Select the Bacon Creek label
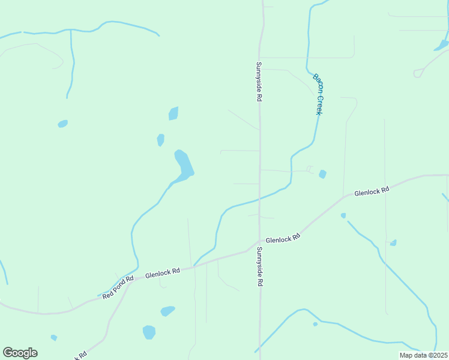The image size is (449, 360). (319, 94)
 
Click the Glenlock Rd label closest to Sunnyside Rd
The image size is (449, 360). (283, 238)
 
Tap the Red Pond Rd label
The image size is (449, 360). (118, 288)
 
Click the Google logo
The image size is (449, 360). (20, 353)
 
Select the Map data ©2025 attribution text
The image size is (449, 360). (424, 355)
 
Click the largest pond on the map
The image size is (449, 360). (184, 164)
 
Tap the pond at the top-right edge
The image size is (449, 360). (441, 45)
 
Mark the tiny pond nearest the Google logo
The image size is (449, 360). (53, 338)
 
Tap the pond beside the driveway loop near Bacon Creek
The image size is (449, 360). (322, 174)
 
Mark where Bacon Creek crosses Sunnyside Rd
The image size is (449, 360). (259, 199)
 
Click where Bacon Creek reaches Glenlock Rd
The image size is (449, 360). (194, 266)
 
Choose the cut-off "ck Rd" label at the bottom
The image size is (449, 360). (80, 355)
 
